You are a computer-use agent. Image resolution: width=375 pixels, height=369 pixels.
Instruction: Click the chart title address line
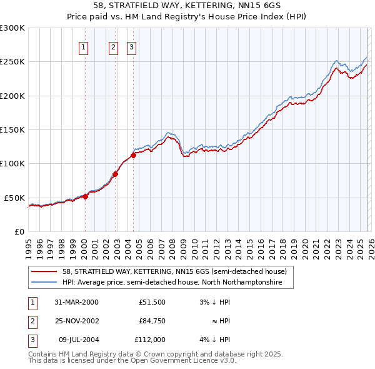tap(187, 6)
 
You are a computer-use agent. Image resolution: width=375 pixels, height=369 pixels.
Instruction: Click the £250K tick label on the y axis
tap(12, 62)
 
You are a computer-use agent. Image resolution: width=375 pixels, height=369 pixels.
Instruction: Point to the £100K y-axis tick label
tap(12, 164)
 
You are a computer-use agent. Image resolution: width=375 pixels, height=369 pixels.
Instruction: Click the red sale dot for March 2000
tap(86, 196)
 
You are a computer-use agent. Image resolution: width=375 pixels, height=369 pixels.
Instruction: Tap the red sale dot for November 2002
tap(115, 174)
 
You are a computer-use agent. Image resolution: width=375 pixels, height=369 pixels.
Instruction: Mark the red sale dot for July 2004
tap(133, 155)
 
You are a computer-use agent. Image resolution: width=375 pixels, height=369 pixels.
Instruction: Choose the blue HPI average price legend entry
tap(172, 283)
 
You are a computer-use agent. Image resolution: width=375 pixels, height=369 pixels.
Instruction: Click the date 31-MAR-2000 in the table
tap(76, 302)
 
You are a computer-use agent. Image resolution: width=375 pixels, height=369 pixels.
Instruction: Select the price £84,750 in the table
tap(152, 321)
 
